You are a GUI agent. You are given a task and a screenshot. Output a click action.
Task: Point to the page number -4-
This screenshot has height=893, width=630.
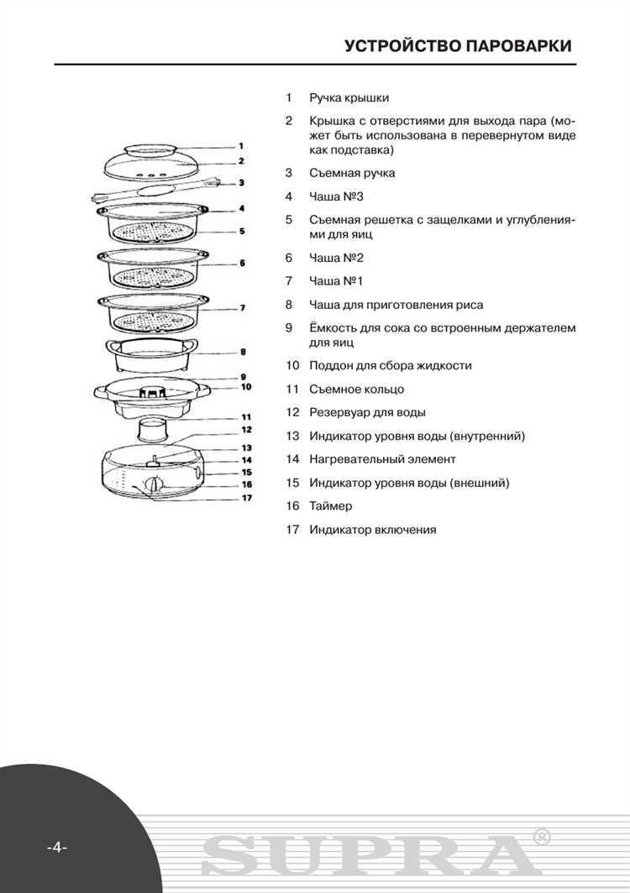56,846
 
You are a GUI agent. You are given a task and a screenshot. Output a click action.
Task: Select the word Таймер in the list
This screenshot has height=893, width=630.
330,506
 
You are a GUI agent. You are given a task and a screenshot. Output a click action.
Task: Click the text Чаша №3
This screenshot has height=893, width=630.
336,196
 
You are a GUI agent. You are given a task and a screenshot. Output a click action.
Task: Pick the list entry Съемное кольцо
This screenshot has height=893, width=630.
356,389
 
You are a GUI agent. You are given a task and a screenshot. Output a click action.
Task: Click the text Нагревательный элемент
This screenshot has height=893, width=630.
382,459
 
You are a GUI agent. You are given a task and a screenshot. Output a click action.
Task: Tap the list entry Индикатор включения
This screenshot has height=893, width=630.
372,530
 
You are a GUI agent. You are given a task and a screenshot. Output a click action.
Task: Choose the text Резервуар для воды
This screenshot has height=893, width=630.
367,412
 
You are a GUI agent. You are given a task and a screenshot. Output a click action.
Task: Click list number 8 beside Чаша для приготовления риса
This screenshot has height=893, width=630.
288,305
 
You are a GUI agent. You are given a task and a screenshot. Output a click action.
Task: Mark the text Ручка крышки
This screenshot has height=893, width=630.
349,98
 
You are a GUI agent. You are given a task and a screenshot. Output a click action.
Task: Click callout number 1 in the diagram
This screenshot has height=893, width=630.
240,146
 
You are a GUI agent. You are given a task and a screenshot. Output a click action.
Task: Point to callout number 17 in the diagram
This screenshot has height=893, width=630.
247,497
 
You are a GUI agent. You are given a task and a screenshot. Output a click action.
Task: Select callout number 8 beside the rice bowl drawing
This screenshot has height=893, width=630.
242,352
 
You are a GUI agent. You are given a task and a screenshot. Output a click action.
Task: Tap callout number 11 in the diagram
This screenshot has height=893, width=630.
247,416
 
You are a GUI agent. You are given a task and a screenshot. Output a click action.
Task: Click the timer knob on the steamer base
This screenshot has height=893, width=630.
153,484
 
